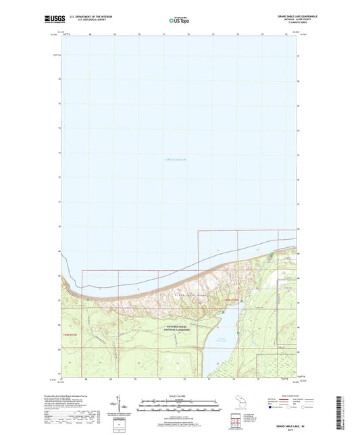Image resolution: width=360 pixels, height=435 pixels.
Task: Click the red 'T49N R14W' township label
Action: pos(231,300)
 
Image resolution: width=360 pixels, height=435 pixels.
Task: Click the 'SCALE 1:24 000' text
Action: pos(179,395)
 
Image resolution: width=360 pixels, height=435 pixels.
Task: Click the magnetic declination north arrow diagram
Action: pos(120,405)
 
